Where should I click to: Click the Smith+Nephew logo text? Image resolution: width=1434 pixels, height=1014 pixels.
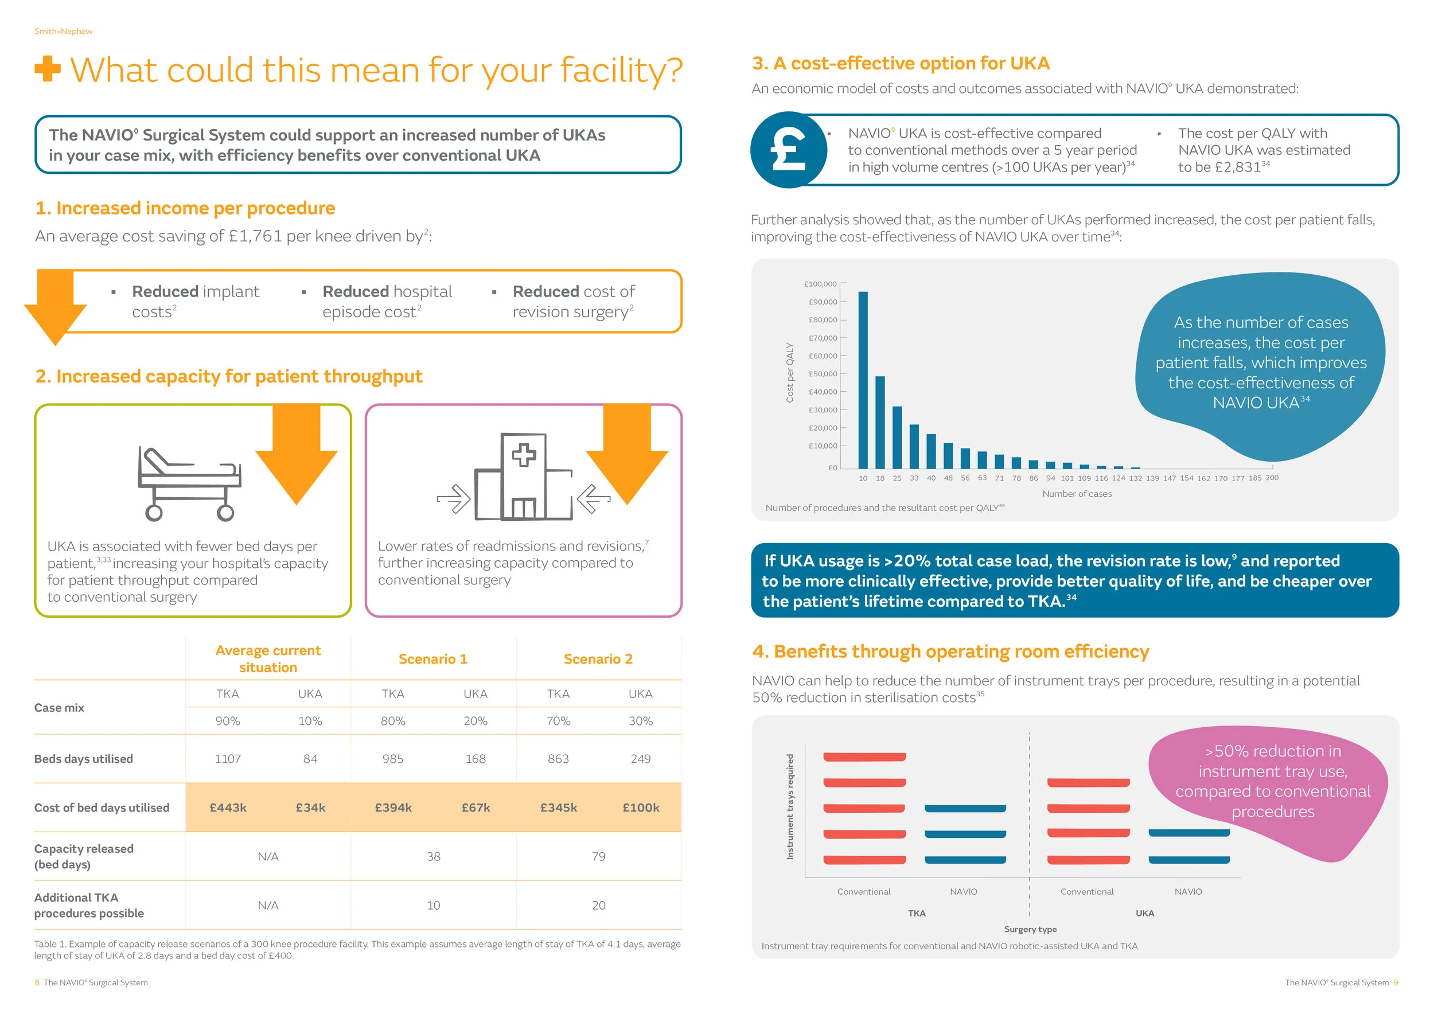(63, 31)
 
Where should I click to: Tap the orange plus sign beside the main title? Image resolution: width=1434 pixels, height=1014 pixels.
(48, 69)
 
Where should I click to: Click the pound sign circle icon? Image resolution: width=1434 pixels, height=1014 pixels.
(788, 150)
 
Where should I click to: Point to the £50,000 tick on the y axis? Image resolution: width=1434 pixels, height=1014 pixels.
(823, 374)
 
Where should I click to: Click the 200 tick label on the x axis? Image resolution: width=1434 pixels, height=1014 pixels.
(1272, 478)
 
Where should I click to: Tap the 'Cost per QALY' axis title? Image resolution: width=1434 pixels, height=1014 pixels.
(789, 372)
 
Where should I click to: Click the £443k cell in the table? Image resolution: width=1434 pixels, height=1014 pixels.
(228, 808)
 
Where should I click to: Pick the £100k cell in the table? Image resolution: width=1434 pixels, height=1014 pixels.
(640, 808)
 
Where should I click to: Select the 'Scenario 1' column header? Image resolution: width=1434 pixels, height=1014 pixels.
(433, 659)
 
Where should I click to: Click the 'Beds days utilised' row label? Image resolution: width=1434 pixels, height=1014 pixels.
(84, 759)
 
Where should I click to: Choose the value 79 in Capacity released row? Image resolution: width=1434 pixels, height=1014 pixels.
(598, 856)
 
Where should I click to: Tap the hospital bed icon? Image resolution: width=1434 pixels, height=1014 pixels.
(189, 483)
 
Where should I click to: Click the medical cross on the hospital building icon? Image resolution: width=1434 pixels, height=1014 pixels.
(523, 455)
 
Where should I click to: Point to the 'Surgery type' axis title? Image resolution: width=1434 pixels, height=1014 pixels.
(1030, 929)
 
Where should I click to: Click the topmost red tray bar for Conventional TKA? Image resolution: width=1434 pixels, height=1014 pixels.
(864, 756)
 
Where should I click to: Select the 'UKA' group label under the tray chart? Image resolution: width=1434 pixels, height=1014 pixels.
(1144, 913)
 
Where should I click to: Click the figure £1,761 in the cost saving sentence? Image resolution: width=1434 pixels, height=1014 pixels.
(255, 236)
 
